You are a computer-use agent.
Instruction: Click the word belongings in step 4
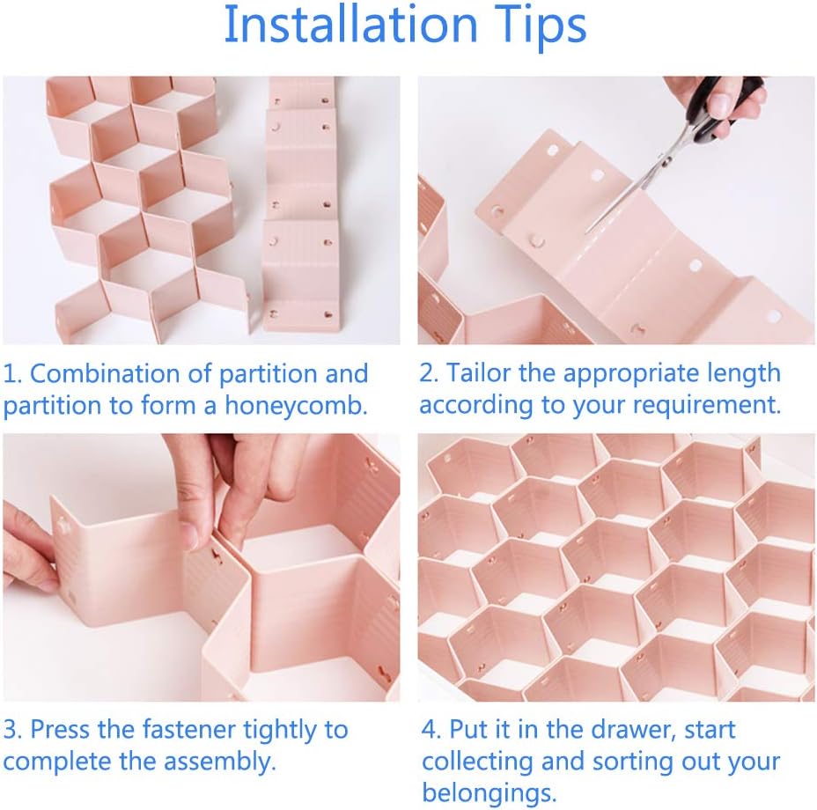489,792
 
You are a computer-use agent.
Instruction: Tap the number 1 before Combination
11,373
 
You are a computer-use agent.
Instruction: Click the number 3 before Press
11,730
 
